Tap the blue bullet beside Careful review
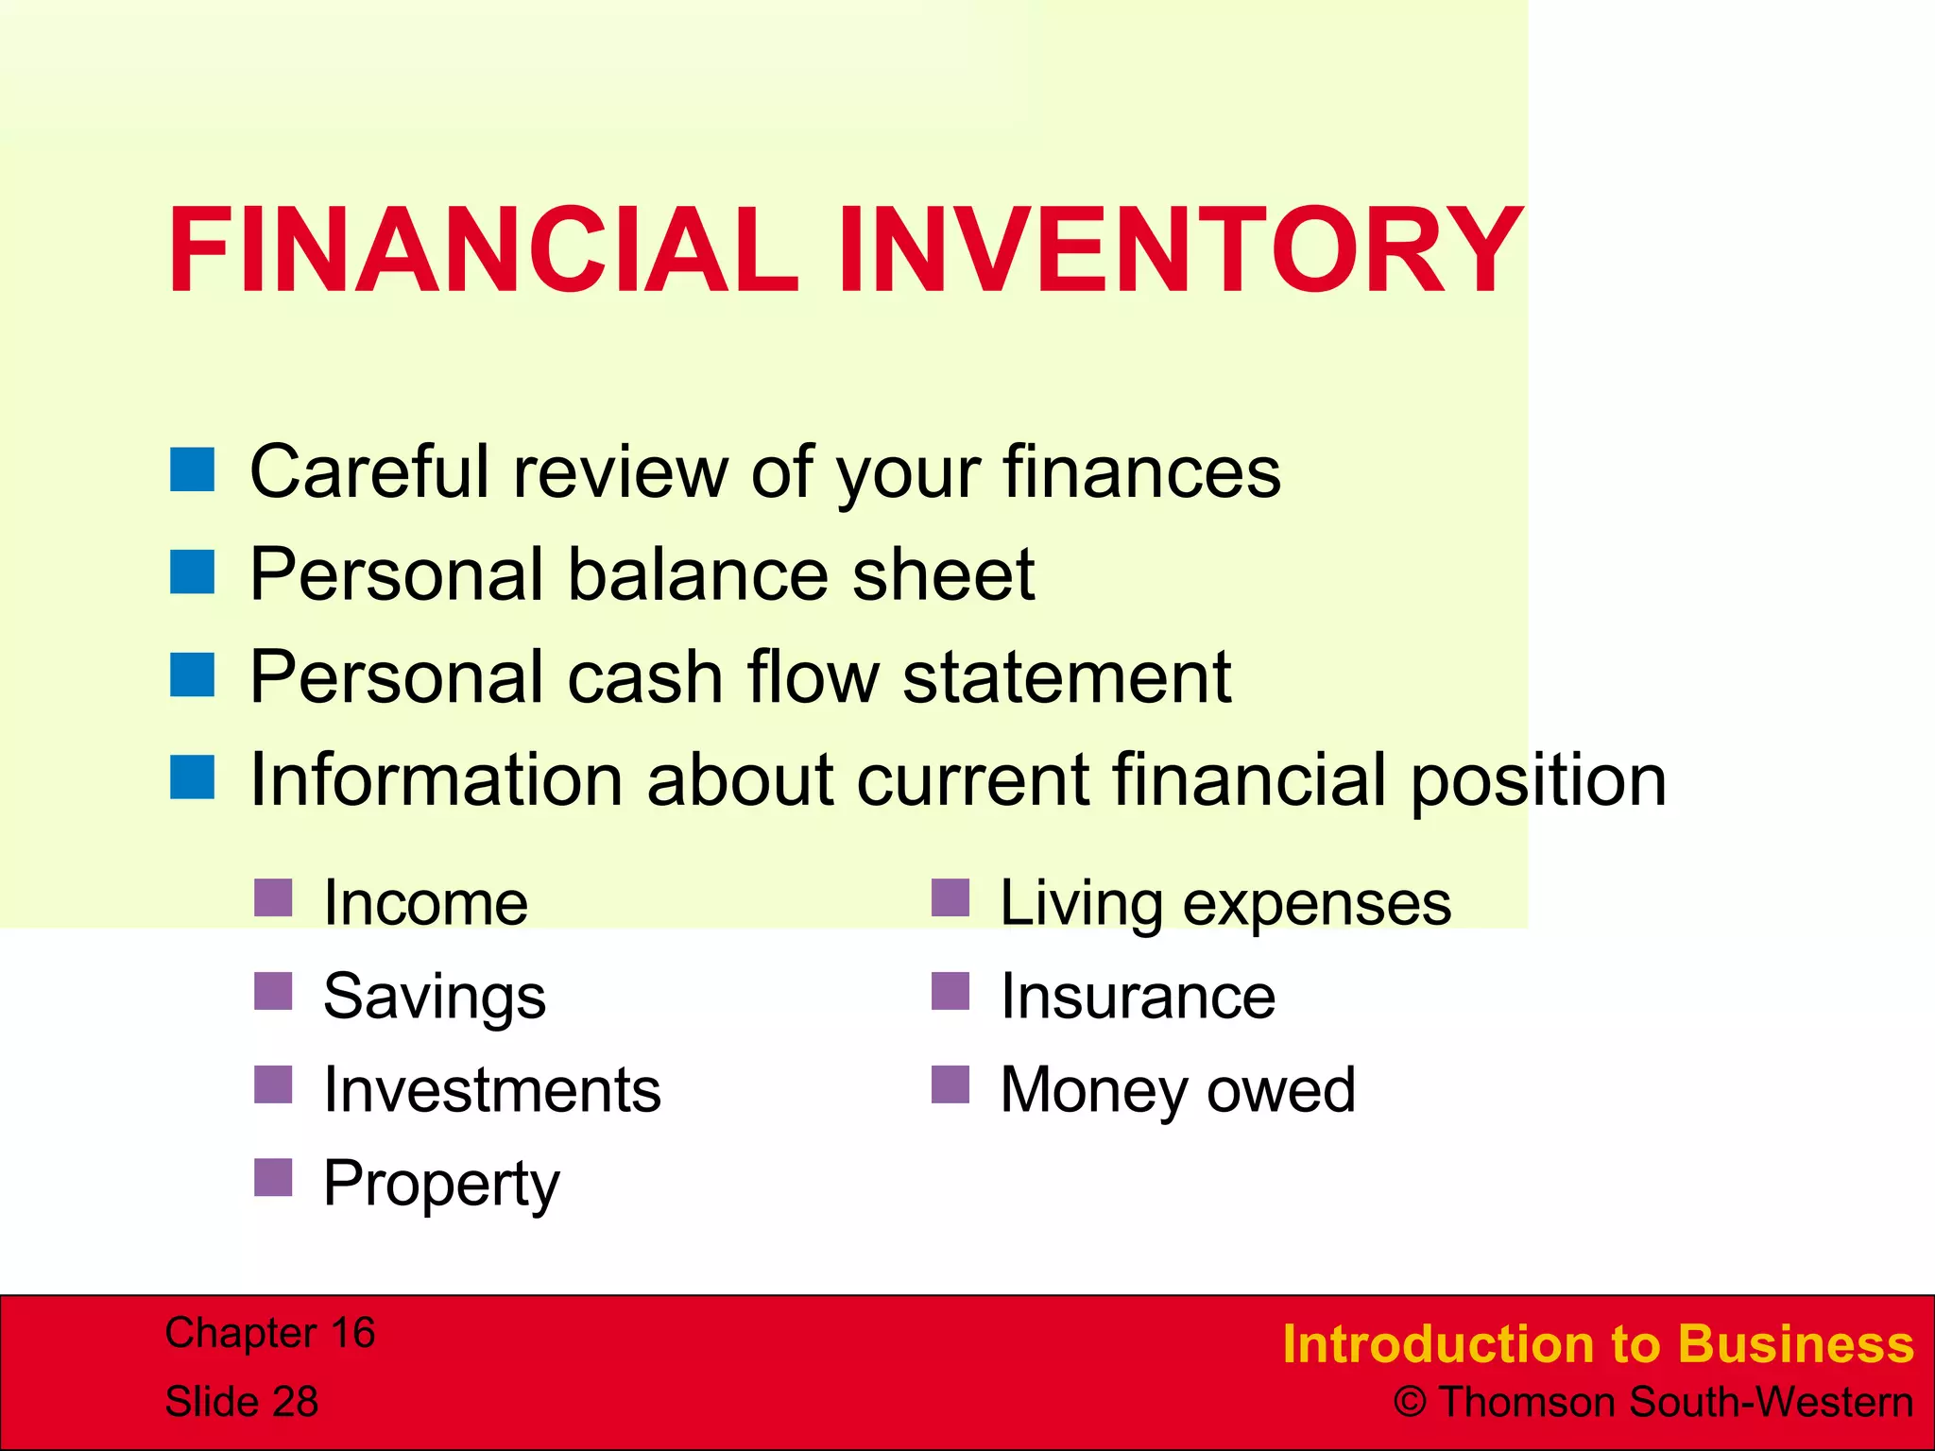point(193,470)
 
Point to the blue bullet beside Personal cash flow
point(193,675)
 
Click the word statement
point(1067,677)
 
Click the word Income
point(425,903)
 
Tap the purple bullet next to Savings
point(273,992)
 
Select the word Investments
point(491,1090)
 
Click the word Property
point(440,1185)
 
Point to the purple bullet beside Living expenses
point(950,898)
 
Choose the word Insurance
point(1138,997)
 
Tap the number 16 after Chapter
point(351,1333)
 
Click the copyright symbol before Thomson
point(1410,1403)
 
